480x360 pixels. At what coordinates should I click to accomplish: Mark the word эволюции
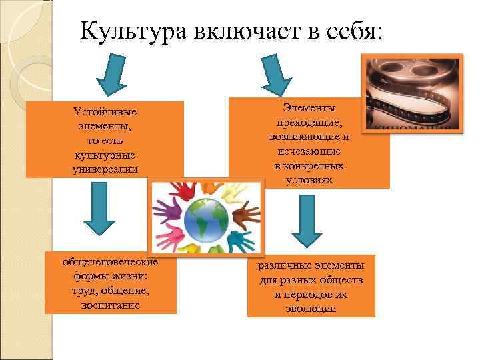309,308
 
